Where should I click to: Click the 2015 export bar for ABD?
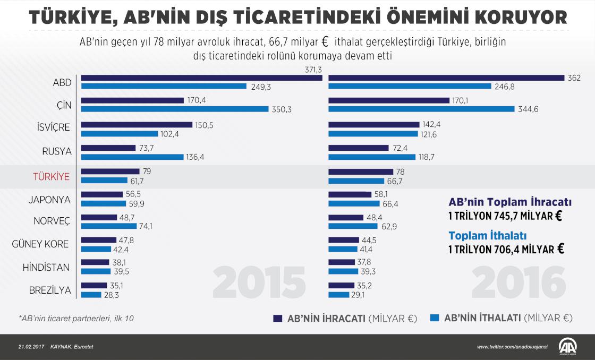tap(201, 78)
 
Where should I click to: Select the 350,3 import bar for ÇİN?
tap(175, 109)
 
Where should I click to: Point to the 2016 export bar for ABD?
tap(446, 78)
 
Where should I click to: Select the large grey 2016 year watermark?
tap(518, 283)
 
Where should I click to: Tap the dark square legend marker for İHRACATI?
tap(277, 318)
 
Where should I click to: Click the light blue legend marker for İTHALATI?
tap(434, 318)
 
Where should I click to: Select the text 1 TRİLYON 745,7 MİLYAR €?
tap(505, 216)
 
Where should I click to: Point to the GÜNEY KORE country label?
tap(41, 244)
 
